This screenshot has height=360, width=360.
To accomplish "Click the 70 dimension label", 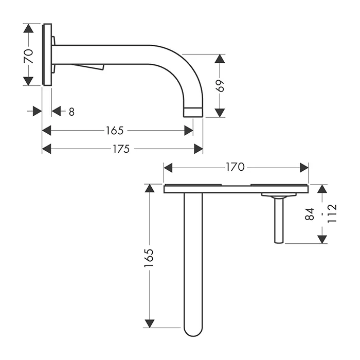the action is pos(29,56).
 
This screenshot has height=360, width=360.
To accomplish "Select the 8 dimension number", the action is pos(71,112).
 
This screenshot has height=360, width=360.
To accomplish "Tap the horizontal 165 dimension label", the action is pos(115,131).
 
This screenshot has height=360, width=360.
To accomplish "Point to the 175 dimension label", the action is pos(121,149).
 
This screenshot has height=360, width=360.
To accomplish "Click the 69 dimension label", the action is pos(220,86).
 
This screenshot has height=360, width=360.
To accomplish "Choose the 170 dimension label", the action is pos(236,167).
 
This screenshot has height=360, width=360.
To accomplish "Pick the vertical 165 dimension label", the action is pos(149,258).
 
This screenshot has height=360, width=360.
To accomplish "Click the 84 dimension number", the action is pos(310,214).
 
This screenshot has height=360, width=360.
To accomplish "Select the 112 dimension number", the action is pos(332,213).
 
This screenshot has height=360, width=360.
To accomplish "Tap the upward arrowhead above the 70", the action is pos(28,28).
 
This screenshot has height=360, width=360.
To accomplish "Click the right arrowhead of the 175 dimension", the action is pos(199,149).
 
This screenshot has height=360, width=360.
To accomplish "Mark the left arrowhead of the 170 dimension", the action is pos(168,168).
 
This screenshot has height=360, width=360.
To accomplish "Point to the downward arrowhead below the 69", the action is pos(220,113).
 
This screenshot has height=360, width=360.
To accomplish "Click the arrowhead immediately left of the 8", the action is pos(56,111).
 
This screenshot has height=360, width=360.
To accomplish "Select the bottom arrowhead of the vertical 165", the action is pos(150,323).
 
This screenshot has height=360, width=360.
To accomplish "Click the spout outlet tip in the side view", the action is pos(193,112).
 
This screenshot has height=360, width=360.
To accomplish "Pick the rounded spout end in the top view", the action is pos(193,331).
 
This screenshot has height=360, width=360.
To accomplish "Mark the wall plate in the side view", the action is pos(47,55).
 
